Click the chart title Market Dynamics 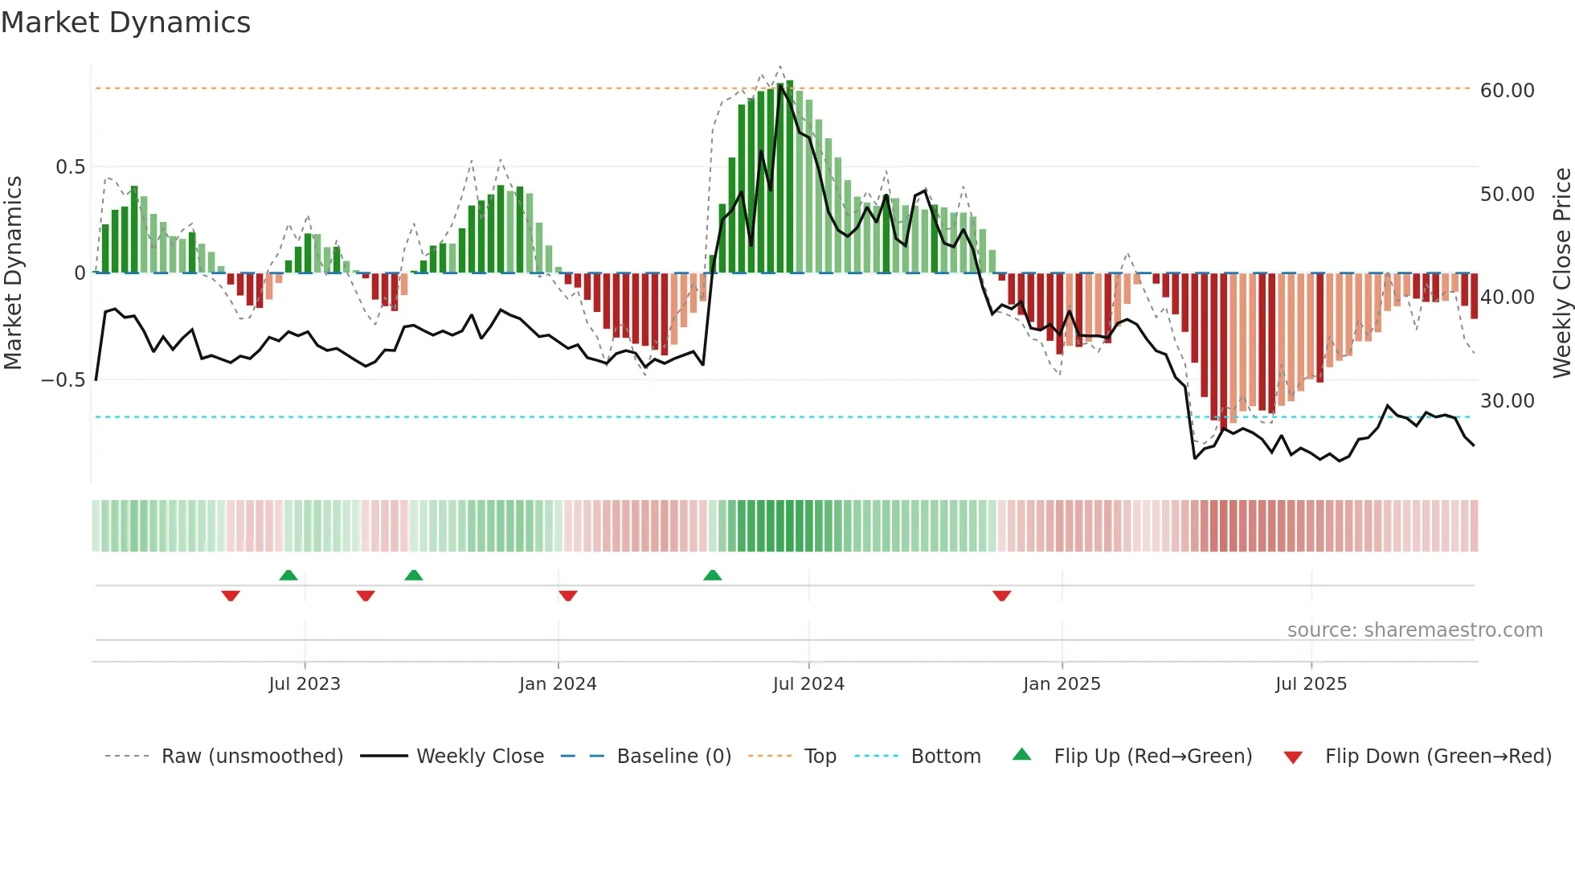(x=125, y=23)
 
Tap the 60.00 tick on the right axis (x=1507, y=91)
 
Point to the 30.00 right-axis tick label (x=1507, y=401)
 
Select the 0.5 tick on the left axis (x=70, y=167)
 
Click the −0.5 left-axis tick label (x=63, y=380)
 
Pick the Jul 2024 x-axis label (x=808, y=684)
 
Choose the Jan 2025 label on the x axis (x=1062, y=684)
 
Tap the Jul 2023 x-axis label (x=305, y=684)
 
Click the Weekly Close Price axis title (x=1561, y=273)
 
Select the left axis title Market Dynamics (x=13, y=273)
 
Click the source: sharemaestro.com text (x=1414, y=630)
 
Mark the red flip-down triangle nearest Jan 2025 (x=1001, y=596)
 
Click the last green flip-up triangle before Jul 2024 (x=712, y=575)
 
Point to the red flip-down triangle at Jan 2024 (x=567, y=596)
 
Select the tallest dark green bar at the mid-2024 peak (x=790, y=177)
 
